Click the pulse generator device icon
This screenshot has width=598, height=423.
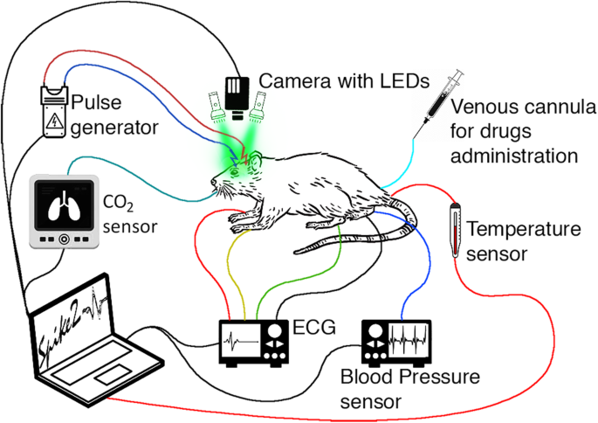tap(56, 111)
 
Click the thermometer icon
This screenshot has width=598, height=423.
tap(455, 229)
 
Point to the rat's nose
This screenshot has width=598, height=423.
tap(211, 182)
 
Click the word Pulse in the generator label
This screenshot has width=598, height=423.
tap(93, 103)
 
